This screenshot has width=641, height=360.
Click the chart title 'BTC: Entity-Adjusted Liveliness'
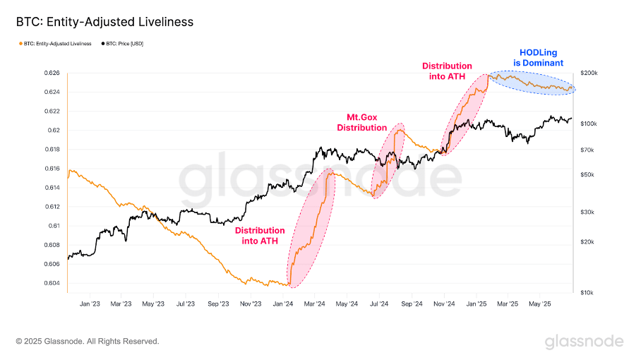[x=104, y=22]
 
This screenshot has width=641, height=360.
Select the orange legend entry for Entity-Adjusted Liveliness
[x=57, y=44]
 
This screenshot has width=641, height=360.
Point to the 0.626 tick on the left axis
[x=51, y=73]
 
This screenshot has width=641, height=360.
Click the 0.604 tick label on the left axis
[x=51, y=284]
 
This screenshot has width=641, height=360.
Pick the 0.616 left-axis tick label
[x=51, y=169]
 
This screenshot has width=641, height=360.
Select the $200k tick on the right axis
[x=589, y=73]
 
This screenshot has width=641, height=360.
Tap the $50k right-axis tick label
[x=587, y=175]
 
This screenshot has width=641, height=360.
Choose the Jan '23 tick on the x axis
[x=90, y=304]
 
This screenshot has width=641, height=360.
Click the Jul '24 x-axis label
[x=380, y=304]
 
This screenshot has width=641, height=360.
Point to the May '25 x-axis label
[x=540, y=304]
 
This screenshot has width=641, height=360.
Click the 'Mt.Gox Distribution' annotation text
[x=366, y=123]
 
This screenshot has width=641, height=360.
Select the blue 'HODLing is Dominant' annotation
[x=541, y=57]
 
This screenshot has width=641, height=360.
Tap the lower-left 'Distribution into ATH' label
[x=260, y=236]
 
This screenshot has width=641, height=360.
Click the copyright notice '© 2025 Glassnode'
[x=88, y=342]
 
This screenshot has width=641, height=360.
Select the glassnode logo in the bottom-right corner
[x=584, y=342]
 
